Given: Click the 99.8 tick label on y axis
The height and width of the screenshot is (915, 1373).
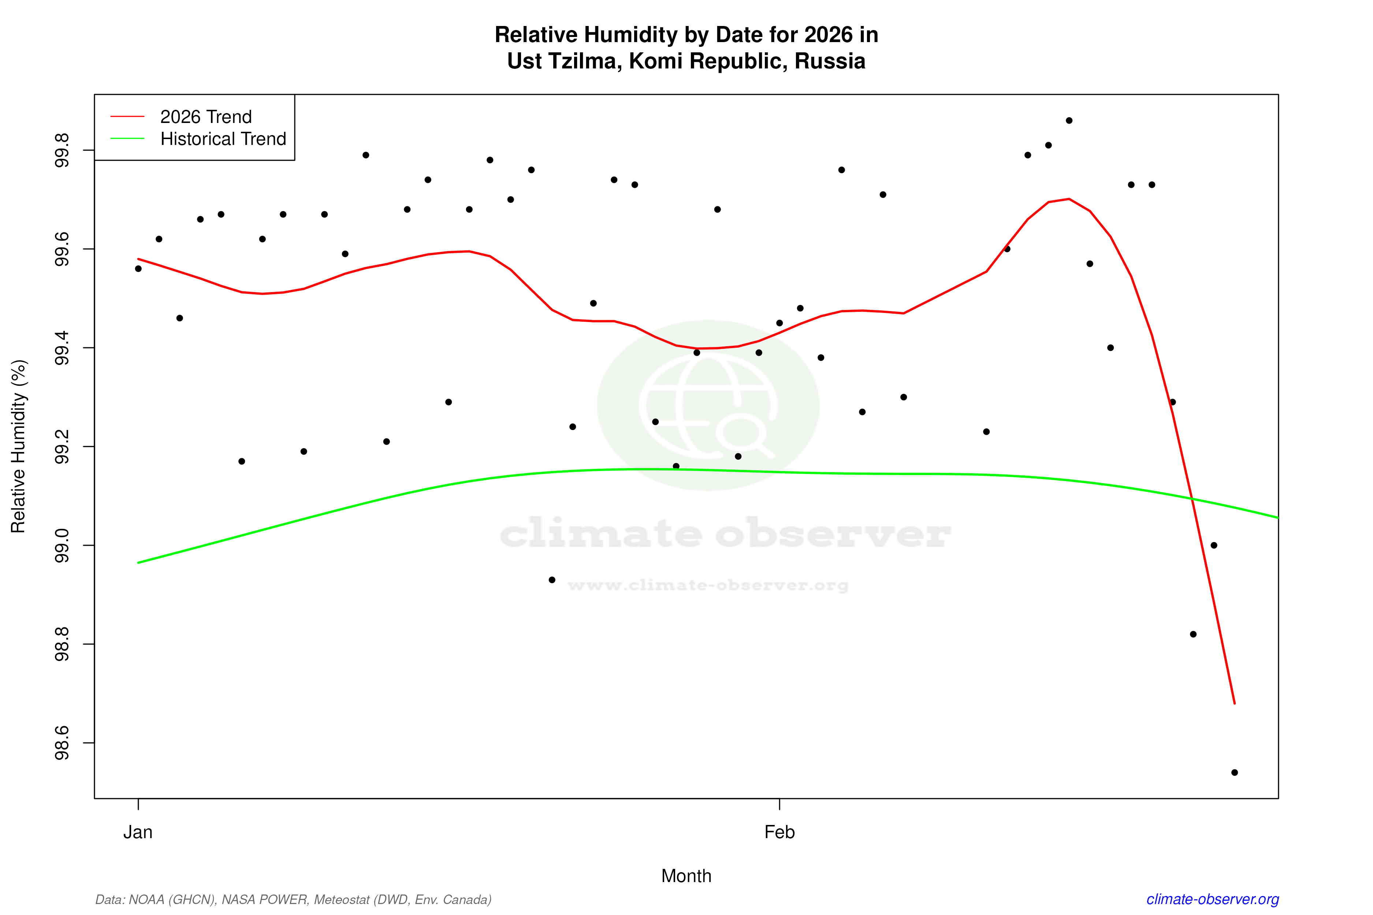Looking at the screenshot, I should (61, 150).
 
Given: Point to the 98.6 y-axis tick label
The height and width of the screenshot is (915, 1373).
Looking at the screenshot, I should (61, 743).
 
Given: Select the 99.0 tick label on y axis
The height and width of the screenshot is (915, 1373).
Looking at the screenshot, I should (61, 546).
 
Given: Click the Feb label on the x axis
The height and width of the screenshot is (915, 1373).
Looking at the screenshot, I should (779, 832).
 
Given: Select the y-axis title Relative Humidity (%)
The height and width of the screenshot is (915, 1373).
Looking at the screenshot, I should (19, 447).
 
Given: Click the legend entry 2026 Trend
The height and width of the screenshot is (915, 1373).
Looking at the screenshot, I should (205, 117).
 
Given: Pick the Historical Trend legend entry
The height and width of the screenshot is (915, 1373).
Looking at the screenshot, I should (223, 139).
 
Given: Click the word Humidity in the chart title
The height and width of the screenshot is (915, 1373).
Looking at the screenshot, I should (631, 35).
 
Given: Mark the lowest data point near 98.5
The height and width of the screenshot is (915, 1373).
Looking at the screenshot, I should (1235, 773).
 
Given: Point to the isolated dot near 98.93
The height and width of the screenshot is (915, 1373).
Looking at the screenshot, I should (552, 580).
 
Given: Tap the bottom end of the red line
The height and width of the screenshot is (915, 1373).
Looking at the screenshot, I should (1235, 703).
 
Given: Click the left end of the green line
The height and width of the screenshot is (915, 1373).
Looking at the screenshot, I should (139, 563).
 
